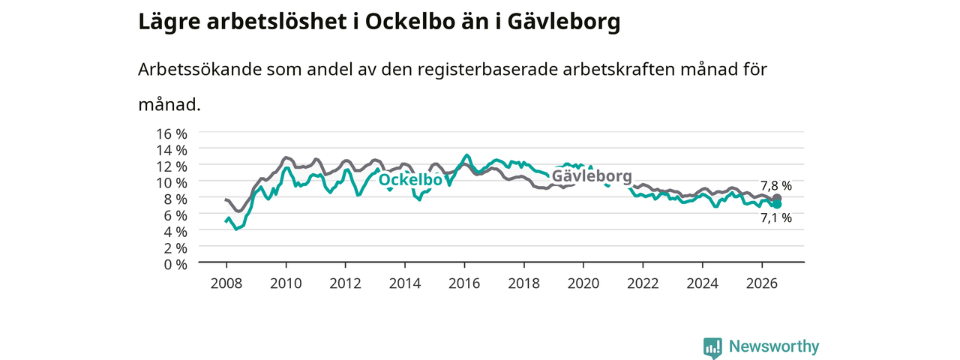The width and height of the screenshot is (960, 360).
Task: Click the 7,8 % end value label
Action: (776, 186)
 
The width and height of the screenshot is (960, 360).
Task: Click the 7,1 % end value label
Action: (776, 218)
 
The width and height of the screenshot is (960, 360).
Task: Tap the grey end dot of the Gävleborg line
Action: (777, 198)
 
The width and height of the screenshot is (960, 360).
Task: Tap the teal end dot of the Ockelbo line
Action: (777, 205)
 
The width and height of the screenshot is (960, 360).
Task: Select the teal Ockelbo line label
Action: (410, 180)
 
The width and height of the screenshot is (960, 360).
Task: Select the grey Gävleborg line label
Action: (592, 176)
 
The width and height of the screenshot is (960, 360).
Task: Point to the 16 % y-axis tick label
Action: (172, 134)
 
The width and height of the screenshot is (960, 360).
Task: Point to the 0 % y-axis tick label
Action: (175, 265)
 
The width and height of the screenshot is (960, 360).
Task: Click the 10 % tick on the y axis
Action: (172, 183)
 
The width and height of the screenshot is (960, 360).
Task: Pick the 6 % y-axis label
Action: (175, 215)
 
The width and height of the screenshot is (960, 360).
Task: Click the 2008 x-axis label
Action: (226, 283)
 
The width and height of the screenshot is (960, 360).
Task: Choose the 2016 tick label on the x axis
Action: (464, 283)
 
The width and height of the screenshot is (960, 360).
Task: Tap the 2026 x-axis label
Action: (762, 283)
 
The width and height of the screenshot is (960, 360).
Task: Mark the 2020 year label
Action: (583, 283)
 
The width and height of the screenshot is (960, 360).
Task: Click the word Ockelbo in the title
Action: (409, 22)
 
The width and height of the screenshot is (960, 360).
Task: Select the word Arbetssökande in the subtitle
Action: (199, 70)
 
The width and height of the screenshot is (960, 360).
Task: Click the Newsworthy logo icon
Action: (712, 347)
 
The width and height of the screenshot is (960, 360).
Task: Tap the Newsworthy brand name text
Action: (774, 346)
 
